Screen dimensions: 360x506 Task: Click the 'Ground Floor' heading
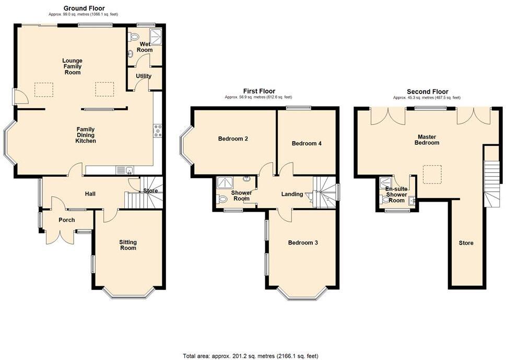click(x=84, y=8)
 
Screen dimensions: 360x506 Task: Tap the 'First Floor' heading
click(x=259, y=91)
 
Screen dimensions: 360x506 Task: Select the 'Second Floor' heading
click(x=427, y=91)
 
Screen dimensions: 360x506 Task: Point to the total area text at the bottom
click(x=250, y=356)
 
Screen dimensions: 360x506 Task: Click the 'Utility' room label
click(x=144, y=76)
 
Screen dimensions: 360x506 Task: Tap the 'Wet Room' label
click(x=144, y=47)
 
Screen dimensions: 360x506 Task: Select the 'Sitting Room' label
click(x=128, y=245)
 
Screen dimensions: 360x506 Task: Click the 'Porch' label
click(x=67, y=220)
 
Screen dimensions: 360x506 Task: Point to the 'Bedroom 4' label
click(x=307, y=143)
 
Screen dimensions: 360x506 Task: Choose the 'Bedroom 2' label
click(x=233, y=139)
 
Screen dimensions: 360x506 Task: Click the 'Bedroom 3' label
click(x=303, y=242)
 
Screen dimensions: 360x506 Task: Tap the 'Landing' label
click(x=292, y=194)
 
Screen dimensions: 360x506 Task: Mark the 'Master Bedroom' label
click(x=427, y=140)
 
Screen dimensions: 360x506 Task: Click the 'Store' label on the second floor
click(x=466, y=243)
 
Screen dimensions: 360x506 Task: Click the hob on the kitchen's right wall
click(x=157, y=130)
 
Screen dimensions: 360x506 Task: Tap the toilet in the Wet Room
click(x=134, y=37)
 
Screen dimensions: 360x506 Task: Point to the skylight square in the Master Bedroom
click(x=432, y=175)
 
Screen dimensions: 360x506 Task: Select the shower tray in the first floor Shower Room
click(x=227, y=181)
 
